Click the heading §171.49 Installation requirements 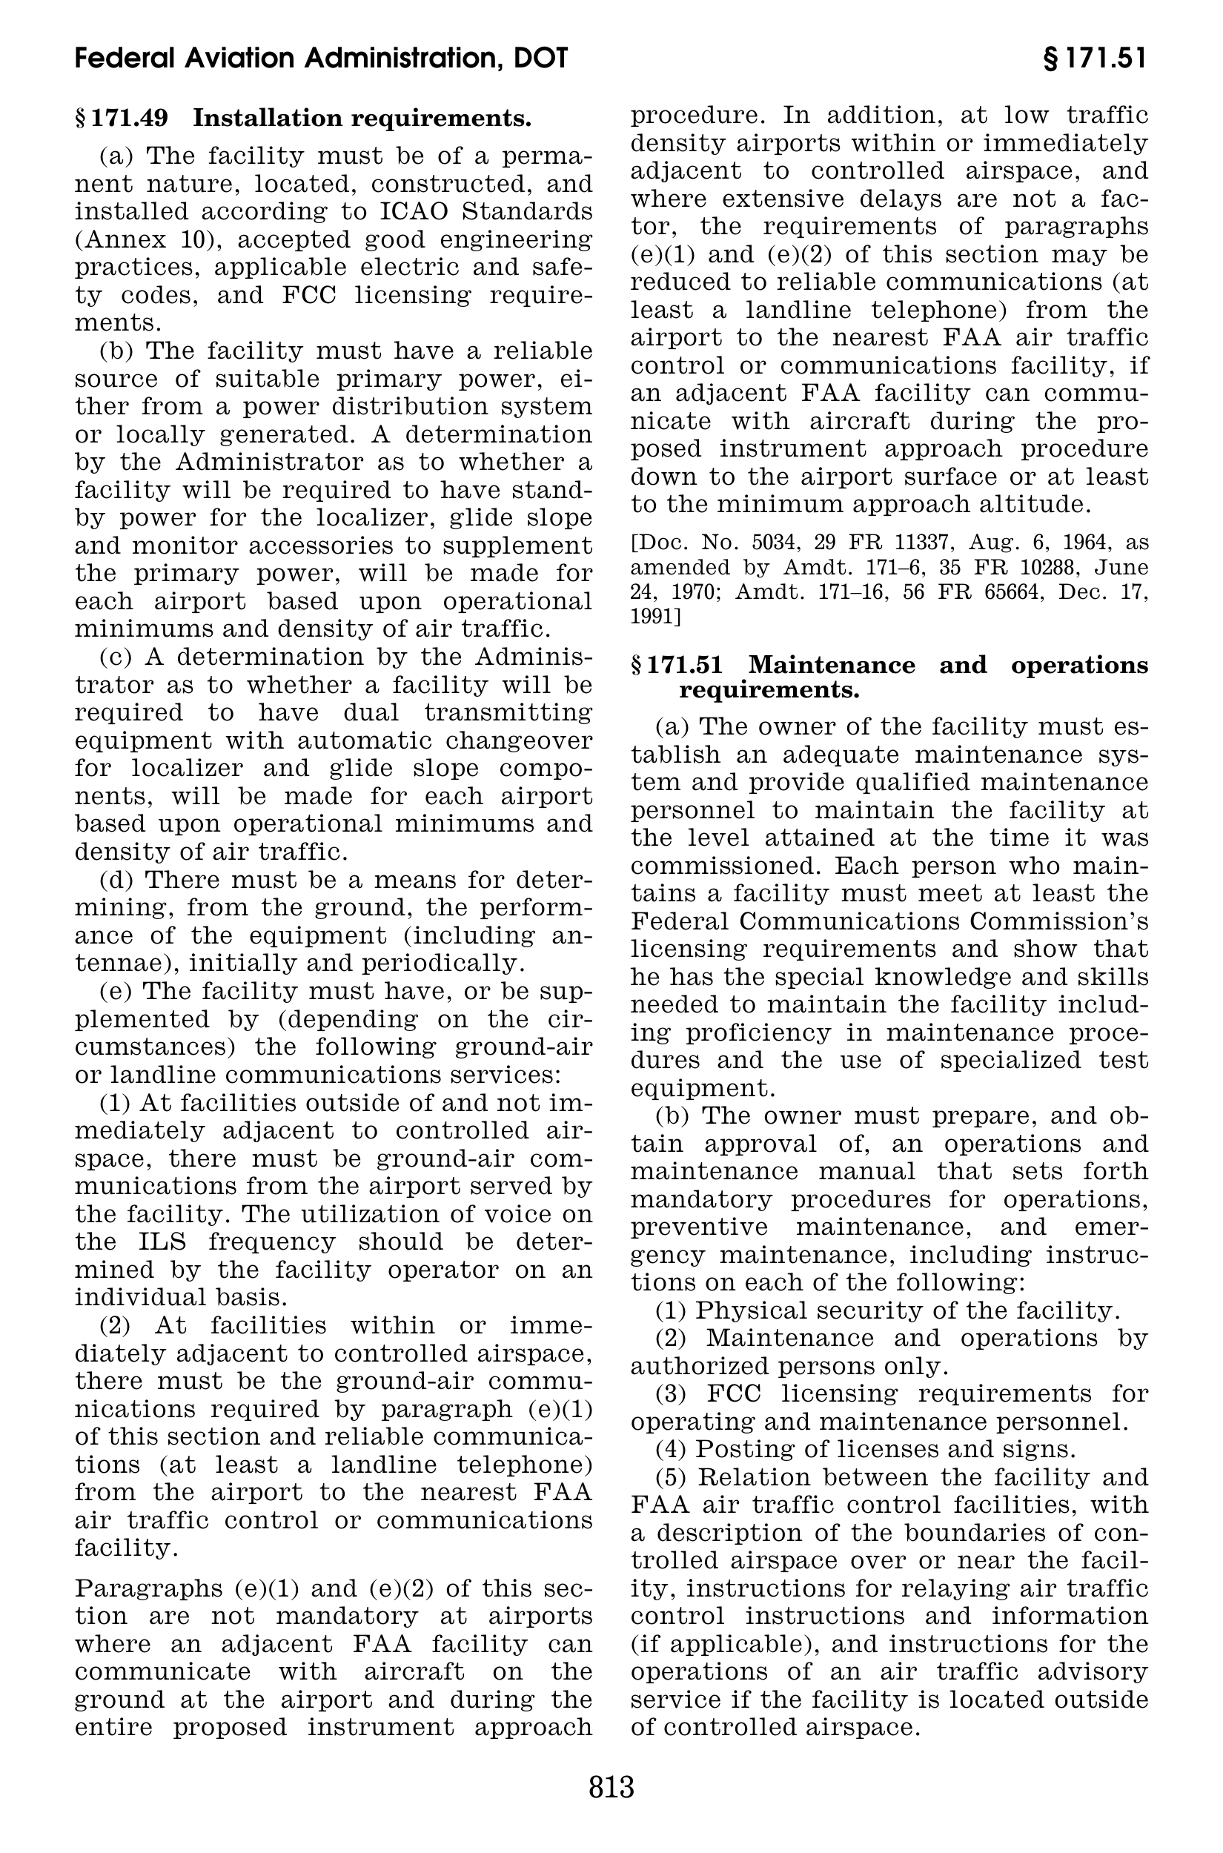click(303, 119)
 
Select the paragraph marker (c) click(117, 657)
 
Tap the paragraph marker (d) click(117, 880)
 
